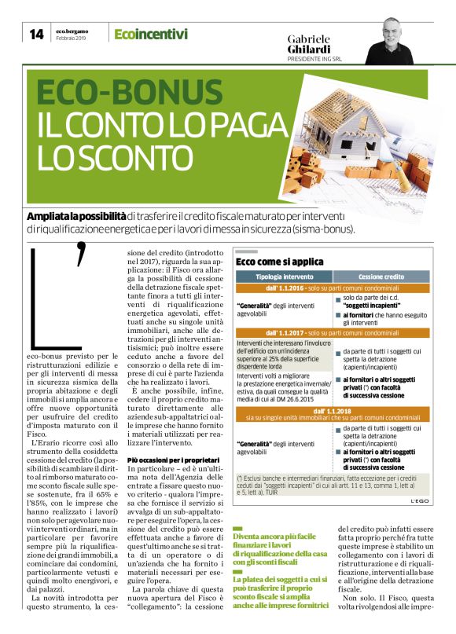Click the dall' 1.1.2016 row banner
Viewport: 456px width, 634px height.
[333, 288]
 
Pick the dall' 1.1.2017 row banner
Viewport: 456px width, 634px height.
[333, 333]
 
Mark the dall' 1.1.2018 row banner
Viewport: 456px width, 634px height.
[333, 412]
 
